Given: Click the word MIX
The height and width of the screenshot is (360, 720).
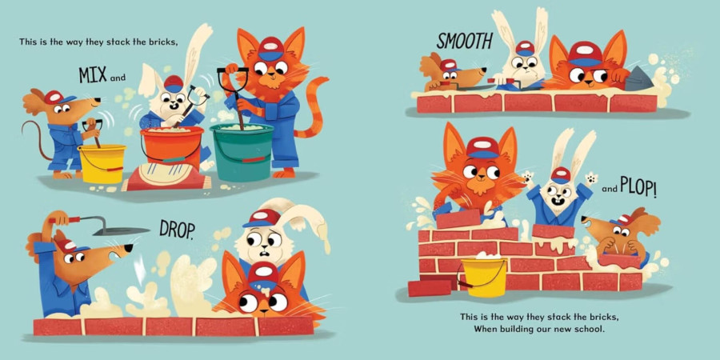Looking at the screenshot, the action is pos(94,75).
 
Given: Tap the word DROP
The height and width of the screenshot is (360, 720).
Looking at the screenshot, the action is pos(176,228).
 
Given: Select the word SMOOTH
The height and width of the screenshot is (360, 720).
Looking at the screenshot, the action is pos(464,41).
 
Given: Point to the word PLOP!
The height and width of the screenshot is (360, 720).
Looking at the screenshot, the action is pos(638,187).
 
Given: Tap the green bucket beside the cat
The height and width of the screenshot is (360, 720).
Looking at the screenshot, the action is pos(242,151).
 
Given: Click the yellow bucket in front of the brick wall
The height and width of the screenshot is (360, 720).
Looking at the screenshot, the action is pos(484,278).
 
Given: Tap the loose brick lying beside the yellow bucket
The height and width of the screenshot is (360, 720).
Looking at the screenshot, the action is pos(430,288).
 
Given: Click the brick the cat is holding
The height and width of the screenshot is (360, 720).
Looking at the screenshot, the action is pos(458,219).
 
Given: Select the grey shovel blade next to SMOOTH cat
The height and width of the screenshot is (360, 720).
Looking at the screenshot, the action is pos(638,80).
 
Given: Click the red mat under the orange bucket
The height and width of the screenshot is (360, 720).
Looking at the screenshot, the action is pos(166,176).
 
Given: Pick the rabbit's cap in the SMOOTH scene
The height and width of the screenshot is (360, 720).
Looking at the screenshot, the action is pos(524,48).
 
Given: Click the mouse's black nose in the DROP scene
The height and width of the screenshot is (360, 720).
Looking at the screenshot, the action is pos(130,247).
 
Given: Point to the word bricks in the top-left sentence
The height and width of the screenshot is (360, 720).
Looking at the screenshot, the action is pos(162,42).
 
